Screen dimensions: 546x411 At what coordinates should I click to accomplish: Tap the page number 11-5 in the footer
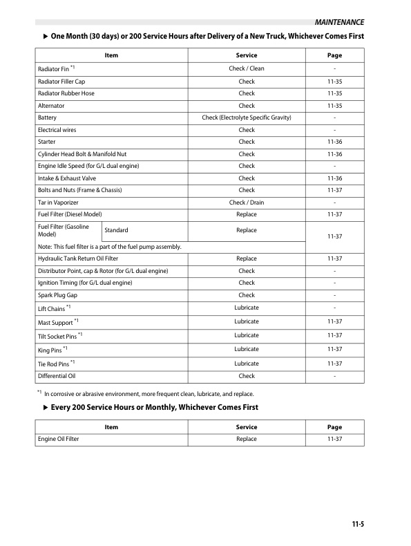click(356, 525)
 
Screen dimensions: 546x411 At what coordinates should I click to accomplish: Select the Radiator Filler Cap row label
click(61, 82)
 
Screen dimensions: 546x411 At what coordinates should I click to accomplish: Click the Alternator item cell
click(52, 106)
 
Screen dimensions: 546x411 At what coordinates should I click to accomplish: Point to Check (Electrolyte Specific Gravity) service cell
click(246, 117)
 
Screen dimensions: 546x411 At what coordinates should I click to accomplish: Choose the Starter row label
click(47, 142)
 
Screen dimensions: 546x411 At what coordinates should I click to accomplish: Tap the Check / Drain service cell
click(246, 203)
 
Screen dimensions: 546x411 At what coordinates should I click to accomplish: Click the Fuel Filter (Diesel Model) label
click(70, 215)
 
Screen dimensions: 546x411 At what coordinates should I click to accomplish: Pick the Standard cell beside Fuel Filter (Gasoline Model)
click(116, 230)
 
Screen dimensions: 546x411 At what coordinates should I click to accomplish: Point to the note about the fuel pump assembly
click(110, 247)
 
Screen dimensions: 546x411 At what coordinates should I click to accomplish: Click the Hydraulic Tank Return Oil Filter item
click(78, 258)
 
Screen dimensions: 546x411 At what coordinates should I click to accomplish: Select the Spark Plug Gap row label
click(57, 295)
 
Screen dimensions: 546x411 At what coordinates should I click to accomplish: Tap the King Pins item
click(52, 349)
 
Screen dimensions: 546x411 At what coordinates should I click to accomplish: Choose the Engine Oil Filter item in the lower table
click(59, 439)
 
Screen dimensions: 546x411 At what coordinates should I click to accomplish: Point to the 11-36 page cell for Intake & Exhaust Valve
click(334, 178)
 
